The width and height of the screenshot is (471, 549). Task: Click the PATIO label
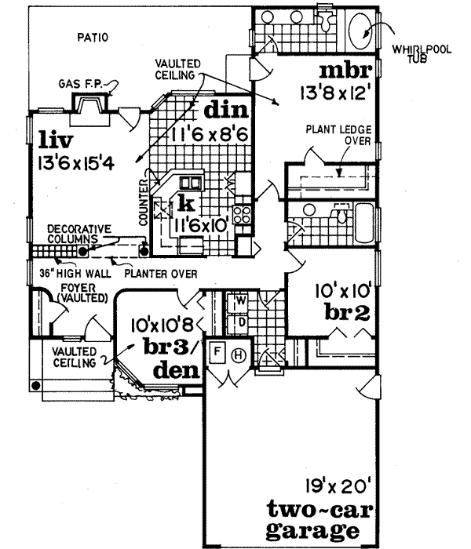pos(93,36)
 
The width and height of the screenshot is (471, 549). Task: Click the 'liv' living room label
pos(55,142)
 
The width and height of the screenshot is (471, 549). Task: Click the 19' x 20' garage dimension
pos(329,484)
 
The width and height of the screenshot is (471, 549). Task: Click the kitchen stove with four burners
pos(243,213)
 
